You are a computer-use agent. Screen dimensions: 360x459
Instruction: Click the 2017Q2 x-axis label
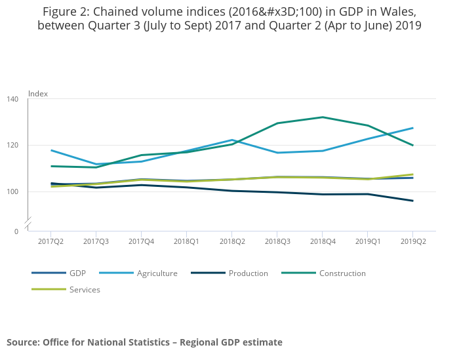50,241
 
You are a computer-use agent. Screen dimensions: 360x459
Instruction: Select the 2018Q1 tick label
186,241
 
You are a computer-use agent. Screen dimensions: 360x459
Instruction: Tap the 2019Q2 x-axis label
412,241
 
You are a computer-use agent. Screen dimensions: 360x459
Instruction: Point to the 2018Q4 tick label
322,241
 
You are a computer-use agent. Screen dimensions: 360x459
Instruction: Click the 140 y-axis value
12,99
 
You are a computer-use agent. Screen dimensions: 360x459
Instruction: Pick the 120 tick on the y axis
12,146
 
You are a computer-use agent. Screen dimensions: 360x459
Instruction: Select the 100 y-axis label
12,192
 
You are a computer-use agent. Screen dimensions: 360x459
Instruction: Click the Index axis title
38,94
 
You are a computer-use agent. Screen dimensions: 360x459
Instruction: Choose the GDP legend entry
77,273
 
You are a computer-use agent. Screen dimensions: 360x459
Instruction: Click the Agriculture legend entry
157,273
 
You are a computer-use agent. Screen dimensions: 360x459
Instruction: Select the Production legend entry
248,273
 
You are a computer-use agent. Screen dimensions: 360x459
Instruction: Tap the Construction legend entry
342,273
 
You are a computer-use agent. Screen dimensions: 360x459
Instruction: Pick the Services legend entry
85,290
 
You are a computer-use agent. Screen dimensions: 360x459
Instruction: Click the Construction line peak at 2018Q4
322,117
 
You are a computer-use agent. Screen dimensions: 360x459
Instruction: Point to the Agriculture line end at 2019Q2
412,128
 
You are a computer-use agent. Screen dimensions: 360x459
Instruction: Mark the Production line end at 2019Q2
412,201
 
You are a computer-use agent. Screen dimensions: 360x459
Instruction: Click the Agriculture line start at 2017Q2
50,150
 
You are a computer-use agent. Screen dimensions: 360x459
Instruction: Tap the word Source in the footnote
23,342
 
